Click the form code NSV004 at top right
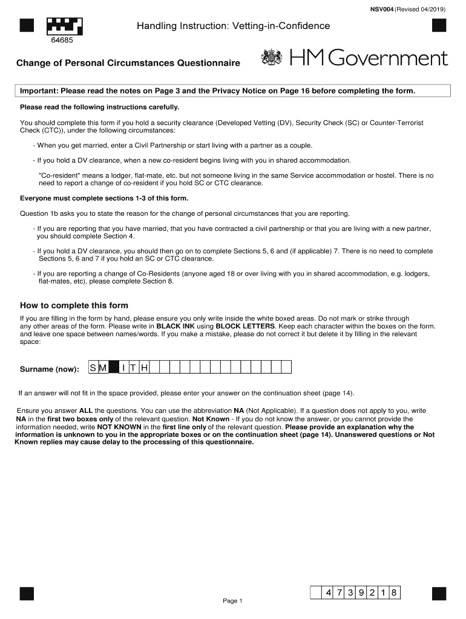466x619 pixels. [382, 8]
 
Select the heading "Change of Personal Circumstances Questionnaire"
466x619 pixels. [128, 63]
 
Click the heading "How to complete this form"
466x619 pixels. [74, 305]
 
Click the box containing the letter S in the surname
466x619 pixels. [93, 368]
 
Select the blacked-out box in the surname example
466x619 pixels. [113, 368]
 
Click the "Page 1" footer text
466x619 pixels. [232, 601]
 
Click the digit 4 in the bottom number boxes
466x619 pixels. [328, 593]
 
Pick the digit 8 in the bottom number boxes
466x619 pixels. [393, 593]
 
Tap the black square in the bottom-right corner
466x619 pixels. [439, 594]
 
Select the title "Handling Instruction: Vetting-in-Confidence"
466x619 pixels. [233, 26]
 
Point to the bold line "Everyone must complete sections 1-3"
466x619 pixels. [104, 198]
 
